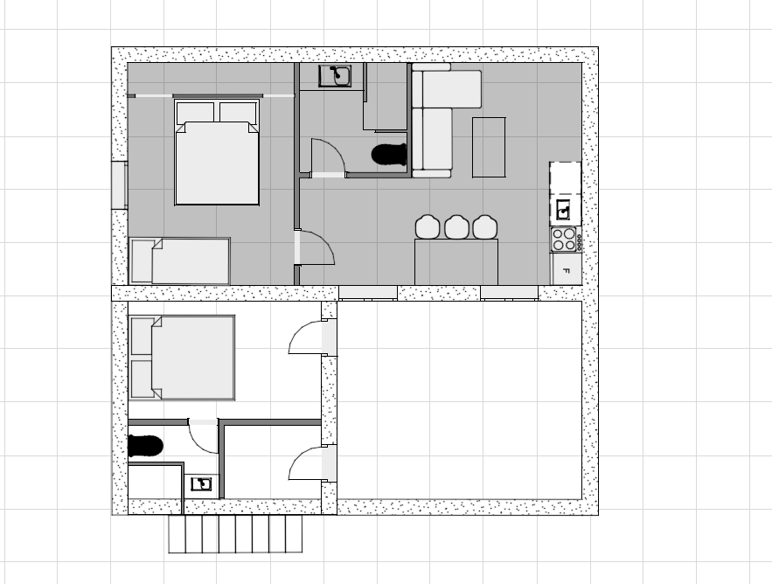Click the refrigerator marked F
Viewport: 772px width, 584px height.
[x=567, y=269]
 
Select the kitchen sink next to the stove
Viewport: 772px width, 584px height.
[x=564, y=211]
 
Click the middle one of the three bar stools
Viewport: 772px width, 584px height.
[x=456, y=227]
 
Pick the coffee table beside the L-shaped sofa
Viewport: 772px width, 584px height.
[x=489, y=147]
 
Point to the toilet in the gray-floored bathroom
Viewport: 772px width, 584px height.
[x=389, y=154]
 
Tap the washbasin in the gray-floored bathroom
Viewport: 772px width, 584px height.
[x=335, y=76]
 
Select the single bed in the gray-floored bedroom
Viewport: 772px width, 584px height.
[x=180, y=261]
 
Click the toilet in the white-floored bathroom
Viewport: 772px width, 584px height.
[x=145, y=446]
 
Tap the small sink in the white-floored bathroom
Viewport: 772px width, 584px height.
[x=201, y=484]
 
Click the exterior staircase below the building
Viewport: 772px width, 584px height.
[x=235, y=534]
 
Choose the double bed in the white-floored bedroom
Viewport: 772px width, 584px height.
[x=182, y=358]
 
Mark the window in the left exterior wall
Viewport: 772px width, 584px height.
[x=119, y=184]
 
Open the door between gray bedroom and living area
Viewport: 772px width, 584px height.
[x=315, y=247]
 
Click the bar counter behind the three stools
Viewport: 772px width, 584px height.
[x=456, y=262]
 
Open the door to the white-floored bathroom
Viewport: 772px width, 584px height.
[x=203, y=436]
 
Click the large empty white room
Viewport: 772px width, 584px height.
[x=459, y=400]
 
